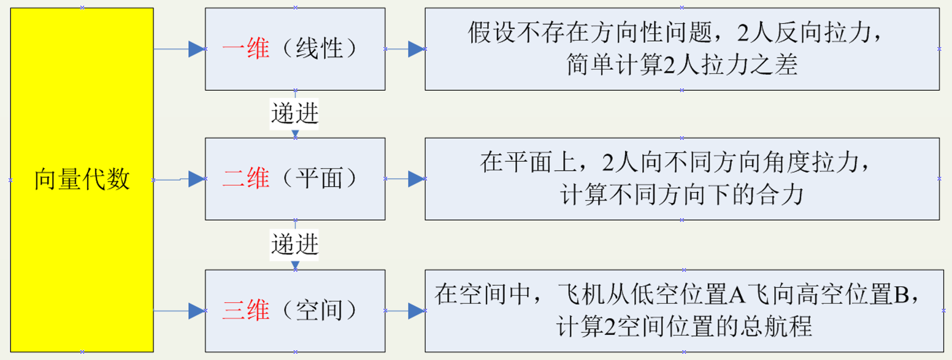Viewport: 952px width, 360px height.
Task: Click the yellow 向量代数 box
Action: point(82,180)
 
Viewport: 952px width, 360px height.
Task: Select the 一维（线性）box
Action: point(295,49)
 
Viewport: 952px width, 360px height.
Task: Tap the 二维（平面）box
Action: point(295,178)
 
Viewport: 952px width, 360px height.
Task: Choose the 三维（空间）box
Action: point(295,311)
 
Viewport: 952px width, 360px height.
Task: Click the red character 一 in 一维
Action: point(234,49)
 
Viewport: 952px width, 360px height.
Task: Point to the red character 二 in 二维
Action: point(234,178)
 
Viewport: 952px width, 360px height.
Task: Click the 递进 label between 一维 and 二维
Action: point(295,114)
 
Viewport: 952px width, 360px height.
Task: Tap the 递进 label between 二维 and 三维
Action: point(295,245)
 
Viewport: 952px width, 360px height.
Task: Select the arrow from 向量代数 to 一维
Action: point(179,49)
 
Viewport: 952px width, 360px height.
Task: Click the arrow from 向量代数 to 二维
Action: point(179,179)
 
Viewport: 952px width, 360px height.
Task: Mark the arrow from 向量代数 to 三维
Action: point(179,311)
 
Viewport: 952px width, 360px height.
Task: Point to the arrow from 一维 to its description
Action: point(405,49)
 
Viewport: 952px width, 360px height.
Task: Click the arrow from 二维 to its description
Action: point(405,179)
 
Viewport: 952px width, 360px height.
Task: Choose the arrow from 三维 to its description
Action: point(405,311)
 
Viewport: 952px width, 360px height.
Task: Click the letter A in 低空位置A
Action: point(737,296)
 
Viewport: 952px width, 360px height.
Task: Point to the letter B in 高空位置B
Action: point(900,296)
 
